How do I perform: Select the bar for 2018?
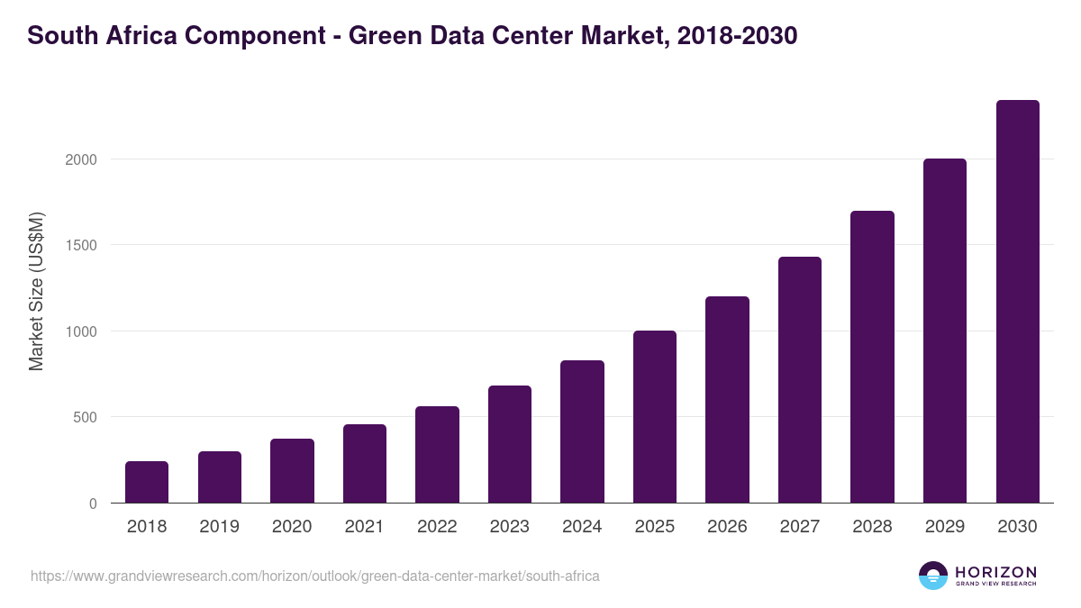click(x=147, y=482)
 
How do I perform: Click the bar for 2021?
click(x=365, y=463)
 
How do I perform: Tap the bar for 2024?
click(x=582, y=431)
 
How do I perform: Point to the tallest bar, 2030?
click(x=1017, y=302)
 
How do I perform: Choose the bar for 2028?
click(x=872, y=357)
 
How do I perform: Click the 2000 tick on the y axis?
click(x=80, y=159)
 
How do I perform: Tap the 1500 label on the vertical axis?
click(x=80, y=245)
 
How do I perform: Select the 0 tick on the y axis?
click(x=94, y=504)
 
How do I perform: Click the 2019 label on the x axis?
click(x=220, y=527)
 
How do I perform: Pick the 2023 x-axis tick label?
click(x=510, y=527)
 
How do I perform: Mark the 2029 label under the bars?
click(x=945, y=527)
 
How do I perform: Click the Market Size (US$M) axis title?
click(x=36, y=290)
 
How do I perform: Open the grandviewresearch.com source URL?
click(x=315, y=576)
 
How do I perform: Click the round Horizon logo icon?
click(x=933, y=576)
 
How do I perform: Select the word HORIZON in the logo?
click(x=995, y=571)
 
